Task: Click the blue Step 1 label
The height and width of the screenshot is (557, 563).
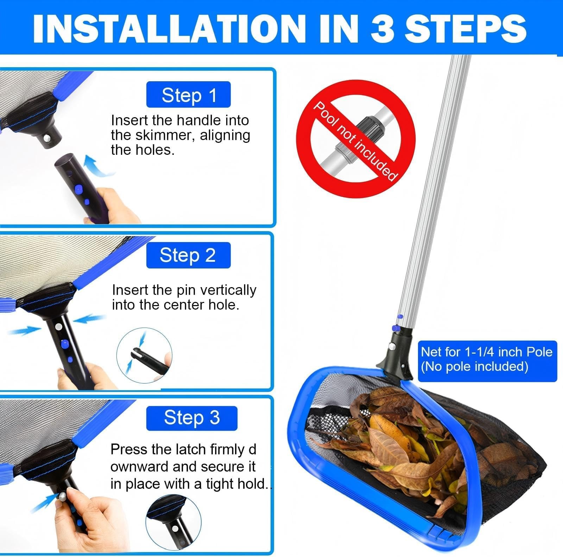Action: click(x=188, y=94)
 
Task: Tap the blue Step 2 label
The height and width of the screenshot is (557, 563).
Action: click(x=188, y=255)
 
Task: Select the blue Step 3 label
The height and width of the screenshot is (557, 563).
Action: click(x=192, y=418)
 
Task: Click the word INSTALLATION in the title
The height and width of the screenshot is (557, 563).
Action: click(x=170, y=28)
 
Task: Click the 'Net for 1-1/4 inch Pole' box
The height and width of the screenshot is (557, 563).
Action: click(x=487, y=361)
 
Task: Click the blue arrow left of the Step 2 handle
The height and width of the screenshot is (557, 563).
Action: click(x=23, y=331)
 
